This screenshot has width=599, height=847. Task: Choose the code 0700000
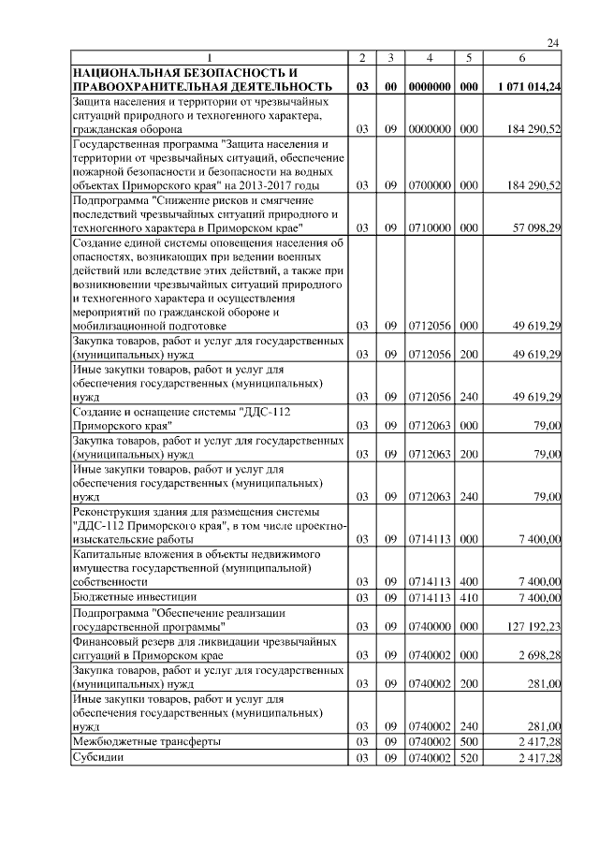tap(429, 186)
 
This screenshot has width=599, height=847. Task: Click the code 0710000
tap(429, 227)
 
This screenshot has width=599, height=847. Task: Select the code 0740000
tap(429, 626)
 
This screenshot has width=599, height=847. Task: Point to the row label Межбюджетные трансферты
tap(147, 741)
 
